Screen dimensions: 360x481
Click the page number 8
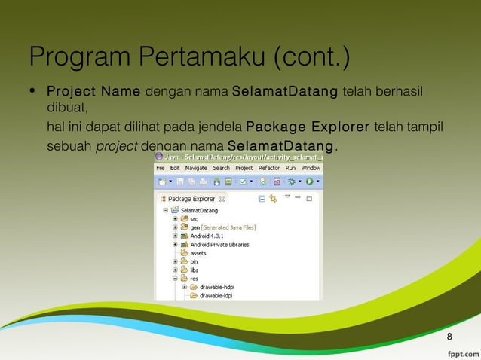point(450,336)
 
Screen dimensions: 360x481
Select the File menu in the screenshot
point(161,168)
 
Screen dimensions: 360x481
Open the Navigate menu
point(196,168)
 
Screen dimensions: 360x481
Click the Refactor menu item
point(268,168)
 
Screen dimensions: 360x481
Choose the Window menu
point(311,168)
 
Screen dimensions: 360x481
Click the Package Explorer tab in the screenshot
point(191,199)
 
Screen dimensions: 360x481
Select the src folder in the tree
point(194,218)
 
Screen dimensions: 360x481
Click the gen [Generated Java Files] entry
point(222,227)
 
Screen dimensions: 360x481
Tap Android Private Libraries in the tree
point(219,244)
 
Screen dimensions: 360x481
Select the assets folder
point(198,253)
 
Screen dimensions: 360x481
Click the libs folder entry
point(194,270)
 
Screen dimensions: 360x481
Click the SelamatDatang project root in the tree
point(198,210)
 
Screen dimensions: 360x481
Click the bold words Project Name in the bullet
point(93,92)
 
